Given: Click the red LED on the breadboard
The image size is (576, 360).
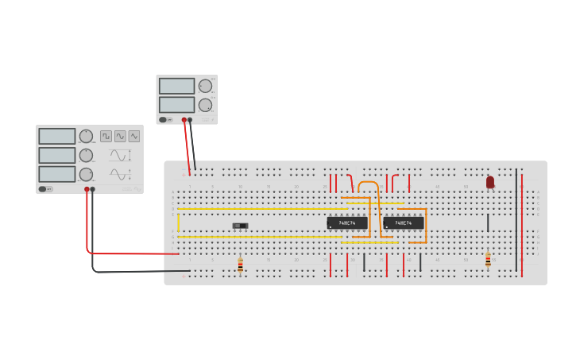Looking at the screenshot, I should (490, 182).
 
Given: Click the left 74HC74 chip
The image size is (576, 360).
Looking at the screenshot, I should (346, 223).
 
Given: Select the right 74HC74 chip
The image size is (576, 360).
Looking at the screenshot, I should (403, 223).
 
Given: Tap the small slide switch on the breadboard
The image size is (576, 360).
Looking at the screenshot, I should (240, 226).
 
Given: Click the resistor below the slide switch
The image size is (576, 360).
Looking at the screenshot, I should (240, 265).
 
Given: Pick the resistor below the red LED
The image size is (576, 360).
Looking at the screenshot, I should (488, 260).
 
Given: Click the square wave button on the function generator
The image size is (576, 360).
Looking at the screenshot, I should (106, 136).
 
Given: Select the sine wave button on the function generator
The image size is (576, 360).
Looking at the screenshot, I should (120, 136).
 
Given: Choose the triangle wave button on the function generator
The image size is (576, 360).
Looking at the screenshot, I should (134, 136).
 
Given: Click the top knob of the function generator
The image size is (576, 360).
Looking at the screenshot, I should (86, 136).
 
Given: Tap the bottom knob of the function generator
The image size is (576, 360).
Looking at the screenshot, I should (86, 174).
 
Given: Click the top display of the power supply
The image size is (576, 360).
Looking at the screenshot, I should (176, 86).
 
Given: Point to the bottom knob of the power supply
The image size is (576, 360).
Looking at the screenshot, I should (205, 105).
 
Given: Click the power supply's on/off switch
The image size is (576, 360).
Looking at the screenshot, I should (163, 120).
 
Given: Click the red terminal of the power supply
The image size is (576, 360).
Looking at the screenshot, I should (184, 120).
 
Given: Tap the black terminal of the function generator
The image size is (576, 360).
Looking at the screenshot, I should (92, 189).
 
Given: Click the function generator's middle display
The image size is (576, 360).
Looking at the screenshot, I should (57, 155).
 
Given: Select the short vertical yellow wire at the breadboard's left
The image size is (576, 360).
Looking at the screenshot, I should (178, 221).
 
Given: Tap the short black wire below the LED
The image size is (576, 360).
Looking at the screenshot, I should (488, 223).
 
